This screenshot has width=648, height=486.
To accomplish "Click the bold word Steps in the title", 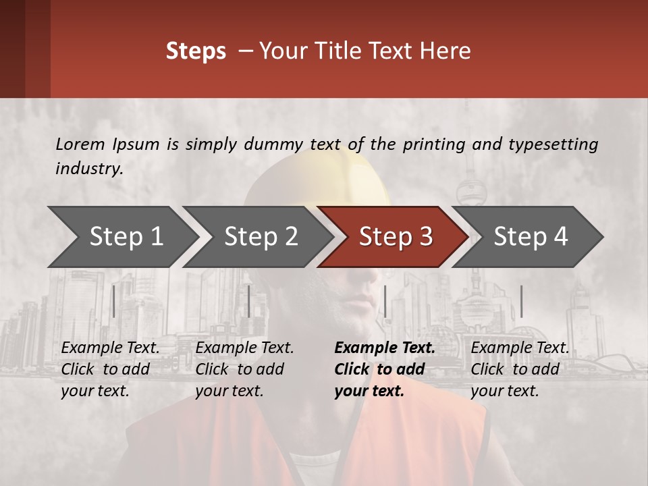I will (x=196, y=51).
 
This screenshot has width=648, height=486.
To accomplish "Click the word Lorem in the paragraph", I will (x=80, y=144).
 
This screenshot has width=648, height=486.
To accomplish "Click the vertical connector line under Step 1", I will (x=113, y=301).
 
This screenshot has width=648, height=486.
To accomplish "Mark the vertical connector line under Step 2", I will (x=249, y=301).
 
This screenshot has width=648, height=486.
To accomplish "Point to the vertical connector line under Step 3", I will (x=385, y=301).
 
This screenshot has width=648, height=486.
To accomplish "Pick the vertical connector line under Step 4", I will (x=521, y=301).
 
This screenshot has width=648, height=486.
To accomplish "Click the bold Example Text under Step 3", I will (x=385, y=348).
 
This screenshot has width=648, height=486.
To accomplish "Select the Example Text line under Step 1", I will (x=110, y=348).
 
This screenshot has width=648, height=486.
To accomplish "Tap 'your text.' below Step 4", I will (x=504, y=391).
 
